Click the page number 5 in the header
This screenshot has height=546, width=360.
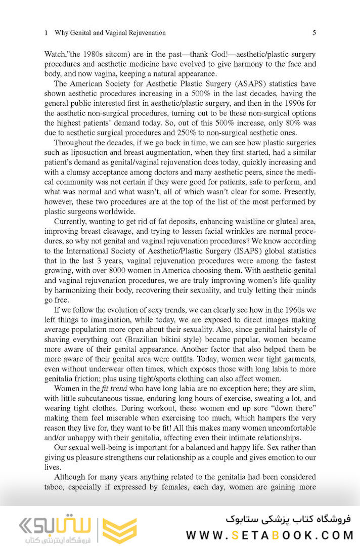pyautogui.click(x=314, y=33)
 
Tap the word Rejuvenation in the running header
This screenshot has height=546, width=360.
pyautogui.click(x=144, y=33)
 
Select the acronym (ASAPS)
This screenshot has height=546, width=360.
pyautogui.click(x=242, y=84)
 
